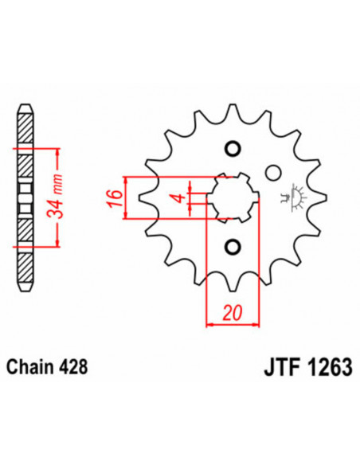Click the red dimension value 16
pos(113,196)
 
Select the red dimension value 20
pos(233,312)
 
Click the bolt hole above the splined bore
pos(233,149)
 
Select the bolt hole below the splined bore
pos(233,245)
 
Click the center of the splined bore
pos(233,197)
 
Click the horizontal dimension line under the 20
pos(233,324)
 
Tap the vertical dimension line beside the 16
pos(126,197)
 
